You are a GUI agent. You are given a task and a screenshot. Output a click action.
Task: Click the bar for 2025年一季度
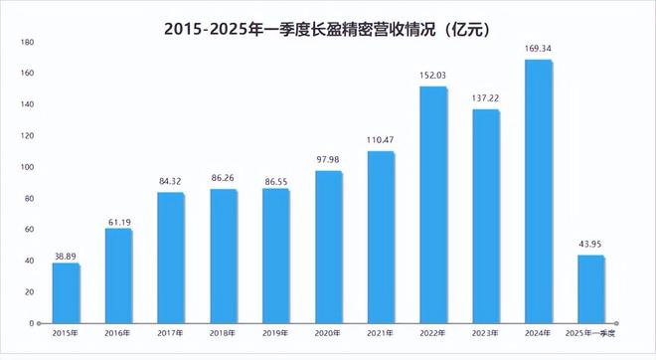(x=591, y=289)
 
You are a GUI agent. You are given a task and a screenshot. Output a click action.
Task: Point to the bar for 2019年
(x=275, y=256)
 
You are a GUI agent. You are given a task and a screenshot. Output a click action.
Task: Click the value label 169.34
(x=539, y=48)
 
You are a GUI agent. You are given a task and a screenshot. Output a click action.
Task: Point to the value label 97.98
(x=328, y=159)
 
